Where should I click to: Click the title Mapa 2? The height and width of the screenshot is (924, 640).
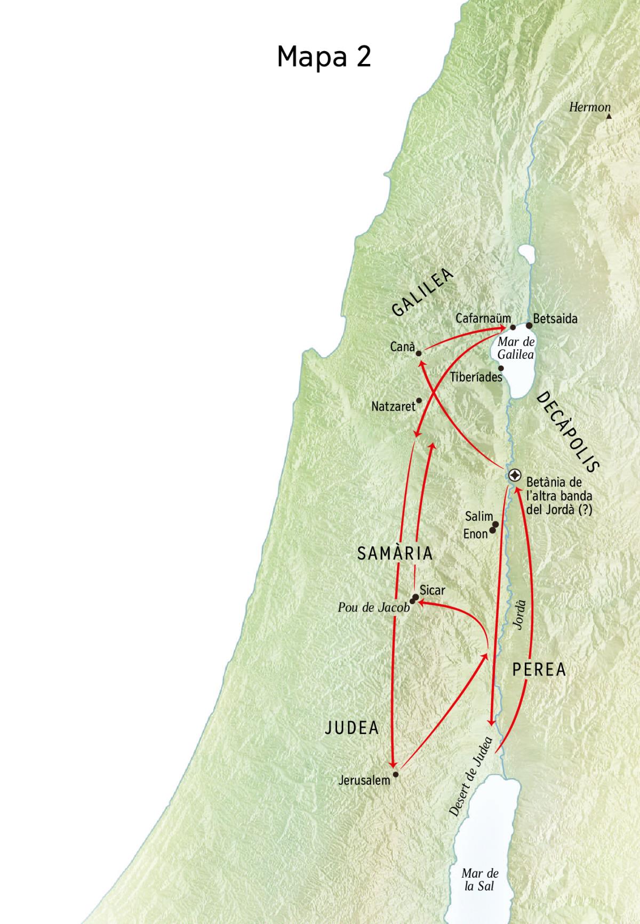coord(324,56)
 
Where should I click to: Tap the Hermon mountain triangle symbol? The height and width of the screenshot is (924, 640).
coord(609,115)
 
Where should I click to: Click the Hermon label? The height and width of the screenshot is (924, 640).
coord(589,107)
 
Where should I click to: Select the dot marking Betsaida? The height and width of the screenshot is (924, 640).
coord(529,325)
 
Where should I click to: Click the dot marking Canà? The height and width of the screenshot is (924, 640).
coord(419,353)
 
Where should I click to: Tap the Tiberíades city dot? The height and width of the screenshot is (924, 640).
coord(501,368)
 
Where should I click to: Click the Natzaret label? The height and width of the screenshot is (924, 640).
coord(393,407)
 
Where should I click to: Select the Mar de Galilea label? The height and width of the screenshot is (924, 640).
coord(516,348)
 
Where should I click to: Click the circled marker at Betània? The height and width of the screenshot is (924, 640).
coord(515,475)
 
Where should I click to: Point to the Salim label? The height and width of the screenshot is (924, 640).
coord(478,516)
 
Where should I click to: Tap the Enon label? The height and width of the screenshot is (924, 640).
coord(475,534)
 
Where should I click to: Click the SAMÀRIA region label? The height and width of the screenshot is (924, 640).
coord(395,553)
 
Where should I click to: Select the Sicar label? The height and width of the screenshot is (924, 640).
coord(432,591)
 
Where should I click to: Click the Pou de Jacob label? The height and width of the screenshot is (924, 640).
coord(373,607)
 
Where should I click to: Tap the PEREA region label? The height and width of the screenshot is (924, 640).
coord(539,670)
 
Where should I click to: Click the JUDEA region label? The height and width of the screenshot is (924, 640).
coord(352,728)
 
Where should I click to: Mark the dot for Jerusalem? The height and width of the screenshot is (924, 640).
coord(395,774)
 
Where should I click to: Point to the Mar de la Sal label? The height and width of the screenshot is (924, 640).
coord(479,879)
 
